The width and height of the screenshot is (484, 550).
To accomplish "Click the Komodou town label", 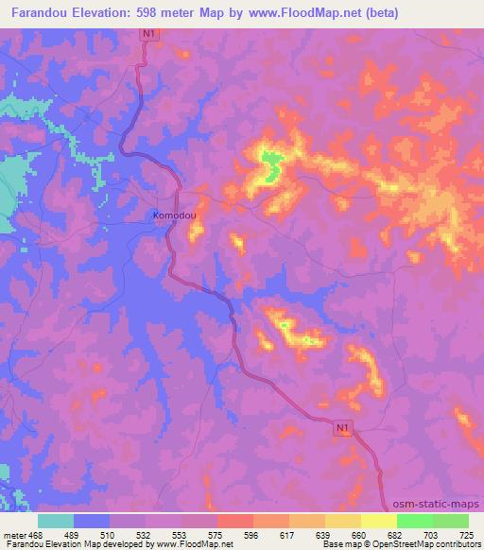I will (x=174, y=215).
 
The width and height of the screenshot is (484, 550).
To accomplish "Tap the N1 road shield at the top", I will (x=147, y=34).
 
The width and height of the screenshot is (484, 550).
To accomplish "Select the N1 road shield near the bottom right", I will (x=346, y=428).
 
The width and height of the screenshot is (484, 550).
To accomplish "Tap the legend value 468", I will (x=35, y=535).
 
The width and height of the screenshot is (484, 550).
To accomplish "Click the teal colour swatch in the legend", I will (x=56, y=521).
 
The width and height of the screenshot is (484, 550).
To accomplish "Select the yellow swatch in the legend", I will (x=378, y=521).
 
